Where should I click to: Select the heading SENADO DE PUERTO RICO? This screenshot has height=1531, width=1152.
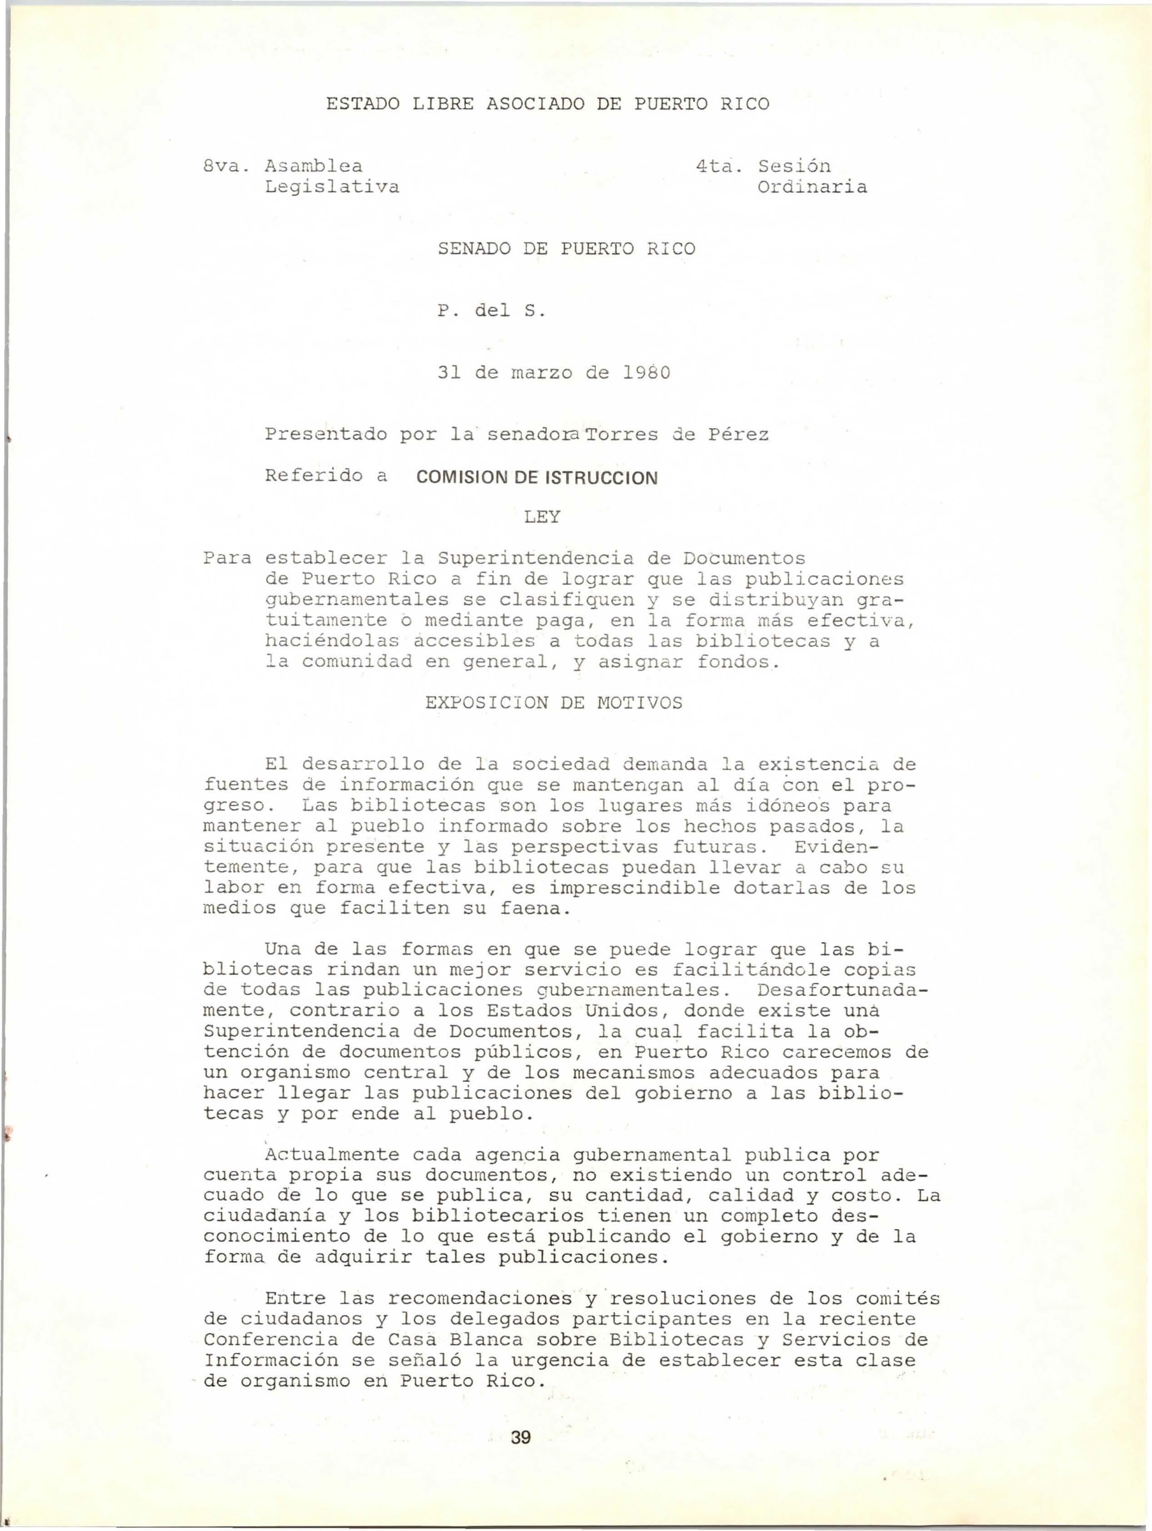tap(567, 249)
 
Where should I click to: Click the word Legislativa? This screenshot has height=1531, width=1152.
tap(332, 187)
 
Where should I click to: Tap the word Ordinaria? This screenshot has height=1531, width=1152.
tap(812, 187)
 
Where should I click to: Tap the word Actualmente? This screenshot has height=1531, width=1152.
tap(332, 1155)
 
